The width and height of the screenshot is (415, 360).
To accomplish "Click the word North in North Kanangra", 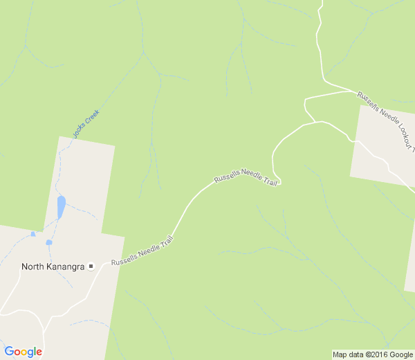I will [33, 267].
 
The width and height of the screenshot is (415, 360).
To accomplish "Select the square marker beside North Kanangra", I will [91, 267].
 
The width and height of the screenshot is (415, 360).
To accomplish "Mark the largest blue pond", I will [61, 206].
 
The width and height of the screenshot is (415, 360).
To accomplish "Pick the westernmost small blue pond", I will [33, 234].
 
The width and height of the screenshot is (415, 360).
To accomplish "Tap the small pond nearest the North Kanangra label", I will [48, 242].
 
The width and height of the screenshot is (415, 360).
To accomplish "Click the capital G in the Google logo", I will [9, 352].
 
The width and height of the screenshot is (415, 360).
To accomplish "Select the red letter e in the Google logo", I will [39, 352].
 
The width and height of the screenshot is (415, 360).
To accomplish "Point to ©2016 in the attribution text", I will [374, 354].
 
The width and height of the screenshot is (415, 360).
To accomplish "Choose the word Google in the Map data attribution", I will [400, 354].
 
